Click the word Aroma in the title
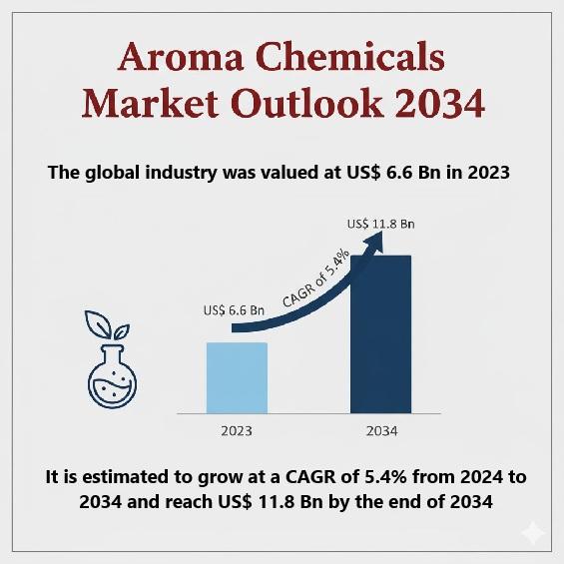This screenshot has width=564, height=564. pyautogui.click(x=181, y=57)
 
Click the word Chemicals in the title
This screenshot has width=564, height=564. pyautogui.click(x=350, y=56)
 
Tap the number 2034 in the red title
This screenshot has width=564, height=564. pyautogui.click(x=440, y=104)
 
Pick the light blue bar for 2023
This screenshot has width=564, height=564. pyautogui.click(x=237, y=377)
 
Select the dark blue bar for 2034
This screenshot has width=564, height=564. pyautogui.click(x=380, y=334)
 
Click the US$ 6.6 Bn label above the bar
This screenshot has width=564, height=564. pyautogui.click(x=234, y=310)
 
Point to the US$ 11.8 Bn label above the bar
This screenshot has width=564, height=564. pyautogui.click(x=381, y=224)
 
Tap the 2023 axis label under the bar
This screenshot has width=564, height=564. pyautogui.click(x=237, y=431)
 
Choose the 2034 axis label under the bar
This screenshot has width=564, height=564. pyautogui.click(x=381, y=431)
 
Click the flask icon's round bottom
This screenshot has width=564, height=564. pyautogui.click(x=112, y=387)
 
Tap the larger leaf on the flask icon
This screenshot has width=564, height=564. pyautogui.click(x=98, y=323)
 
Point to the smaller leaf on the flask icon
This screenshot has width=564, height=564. pyautogui.click(x=122, y=331)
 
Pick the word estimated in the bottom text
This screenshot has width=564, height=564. pyautogui.click(x=133, y=477)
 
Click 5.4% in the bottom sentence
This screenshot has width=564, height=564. pyautogui.click(x=386, y=477)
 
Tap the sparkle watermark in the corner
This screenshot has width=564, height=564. pyautogui.click(x=534, y=533)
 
